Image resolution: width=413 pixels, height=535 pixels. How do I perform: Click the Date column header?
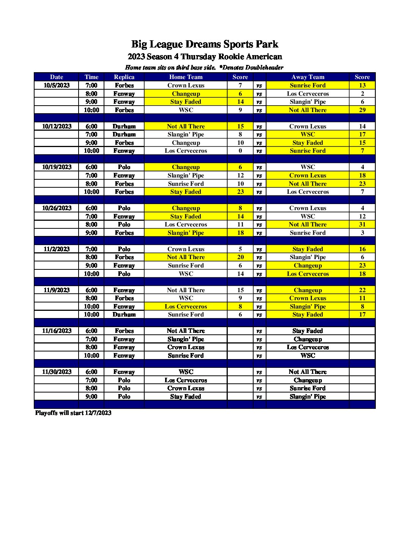pyautogui.click(x=57, y=77)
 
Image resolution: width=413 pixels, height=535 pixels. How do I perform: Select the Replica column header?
pyautogui.click(x=124, y=77)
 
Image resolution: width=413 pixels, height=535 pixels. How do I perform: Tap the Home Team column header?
pyautogui.click(x=186, y=77)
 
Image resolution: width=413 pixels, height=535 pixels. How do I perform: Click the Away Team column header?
pyautogui.click(x=307, y=77)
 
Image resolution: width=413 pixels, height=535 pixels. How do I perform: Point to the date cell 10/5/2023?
pyautogui.click(x=57, y=85)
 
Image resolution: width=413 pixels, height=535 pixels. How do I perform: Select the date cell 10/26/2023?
pyautogui.click(x=57, y=208)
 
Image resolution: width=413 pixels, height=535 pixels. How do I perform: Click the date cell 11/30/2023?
pyautogui.click(x=57, y=372)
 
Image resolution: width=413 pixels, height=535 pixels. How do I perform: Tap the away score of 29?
pyautogui.click(x=362, y=110)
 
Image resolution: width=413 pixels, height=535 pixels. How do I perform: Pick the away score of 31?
pyautogui.click(x=362, y=225)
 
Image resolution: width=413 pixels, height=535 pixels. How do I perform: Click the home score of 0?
pyautogui.click(x=240, y=151)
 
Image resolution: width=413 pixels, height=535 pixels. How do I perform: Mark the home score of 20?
pyautogui.click(x=240, y=257)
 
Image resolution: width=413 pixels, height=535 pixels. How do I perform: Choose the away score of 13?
pyautogui.click(x=362, y=85)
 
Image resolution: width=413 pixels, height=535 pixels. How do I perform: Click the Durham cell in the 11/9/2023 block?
pyautogui.click(x=124, y=315)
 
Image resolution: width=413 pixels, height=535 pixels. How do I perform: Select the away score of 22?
pyautogui.click(x=362, y=290)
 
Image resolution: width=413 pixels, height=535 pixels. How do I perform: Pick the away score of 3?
pyautogui.click(x=362, y=233)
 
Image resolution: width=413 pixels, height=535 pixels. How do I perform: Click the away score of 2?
pyautogui.click(x=362, y=94)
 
